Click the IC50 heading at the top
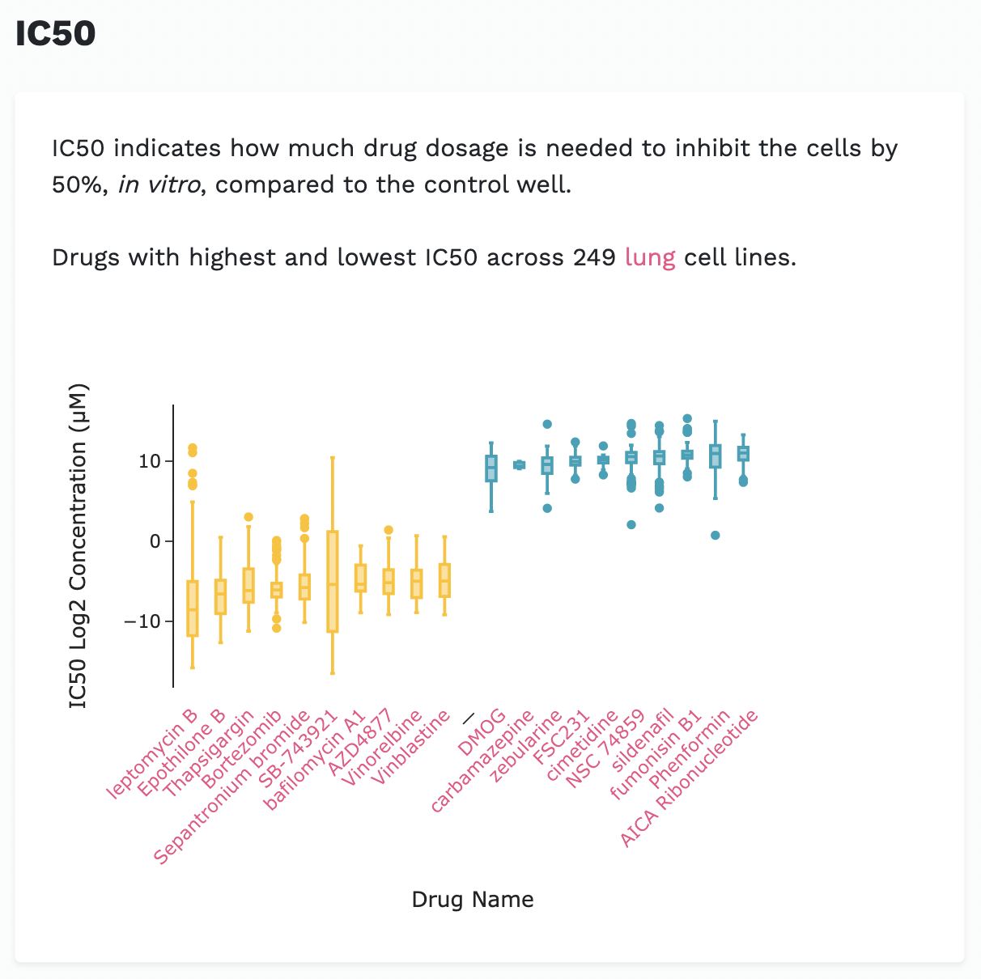55,34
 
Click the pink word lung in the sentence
650,257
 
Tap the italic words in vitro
159,184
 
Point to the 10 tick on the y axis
150,461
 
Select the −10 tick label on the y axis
142,621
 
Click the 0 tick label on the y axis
155,541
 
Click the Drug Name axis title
473,900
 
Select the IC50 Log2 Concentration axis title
78,546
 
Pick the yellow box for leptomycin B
193,608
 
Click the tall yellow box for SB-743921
333,581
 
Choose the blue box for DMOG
491,468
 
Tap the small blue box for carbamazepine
520,465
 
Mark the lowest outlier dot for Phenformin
715,536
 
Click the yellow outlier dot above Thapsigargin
248,517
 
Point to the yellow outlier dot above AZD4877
389,530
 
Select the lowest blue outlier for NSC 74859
631,524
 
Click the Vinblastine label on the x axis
411,748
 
